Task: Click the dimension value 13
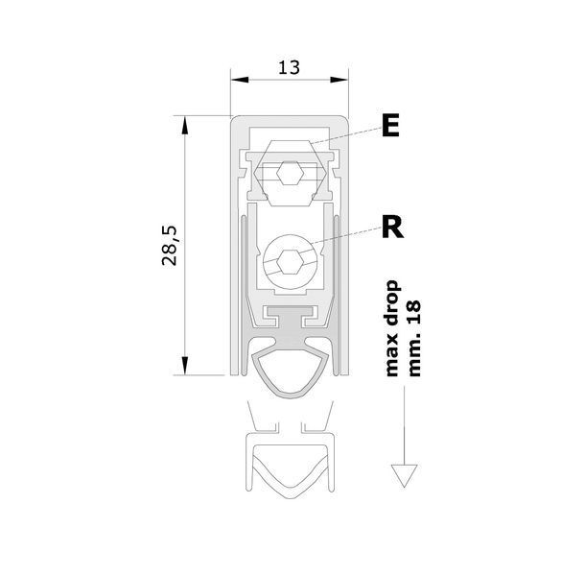pyautogui.click(x=289, y=67)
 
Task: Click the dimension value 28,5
pyautogui.click(x=170, y=246)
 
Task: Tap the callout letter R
pyautogui.click(x=392, y=228)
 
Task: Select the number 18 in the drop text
pyautogui.click(x=414, y=312)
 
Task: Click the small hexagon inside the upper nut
pyautogui.click(x=290, y=173)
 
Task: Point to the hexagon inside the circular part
pyautogui.click(x=290, y=262)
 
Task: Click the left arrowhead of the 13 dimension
pyautogui.click(x=240, y=80)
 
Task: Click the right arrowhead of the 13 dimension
pyautogui.click(x=339, y=80)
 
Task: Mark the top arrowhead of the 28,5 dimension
pyautogui.click(x=184, y=125)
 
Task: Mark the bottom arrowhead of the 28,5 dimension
pyautogui.click(x=184, y=366)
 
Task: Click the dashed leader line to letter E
pyautogui.click(x=345, y=136)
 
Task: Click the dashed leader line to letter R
pyautogui.click(x=346, y=236)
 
